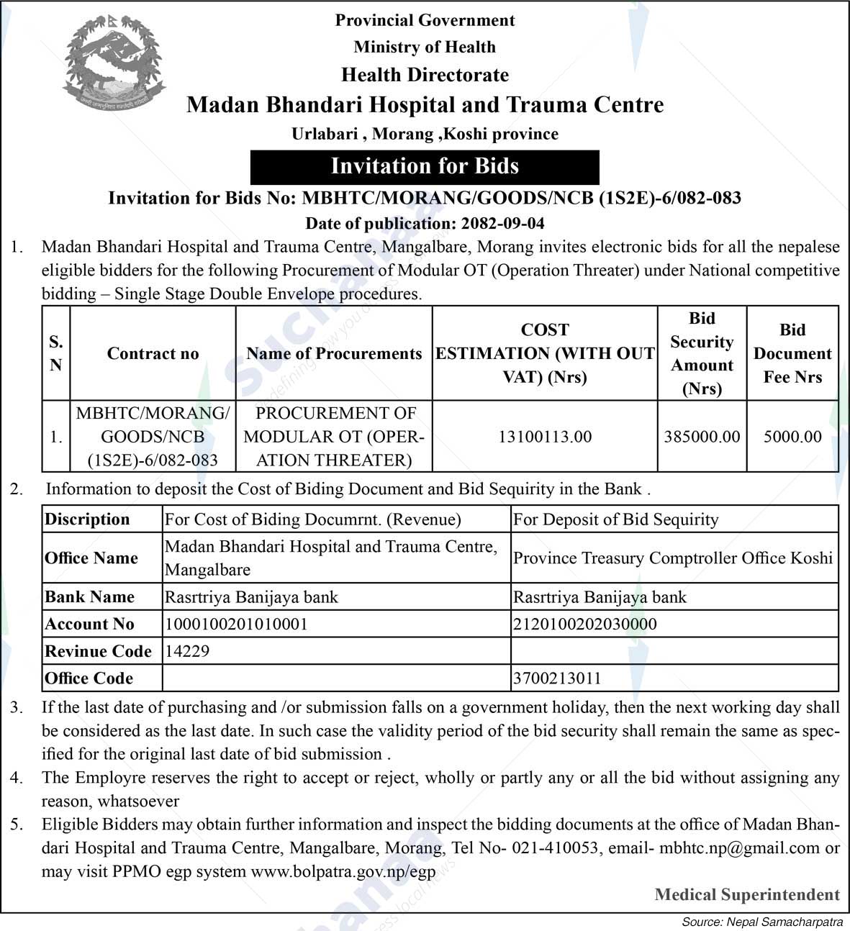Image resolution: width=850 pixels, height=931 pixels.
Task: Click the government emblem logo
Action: coord(114,67)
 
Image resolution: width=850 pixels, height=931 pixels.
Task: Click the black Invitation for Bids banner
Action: coord(425,167)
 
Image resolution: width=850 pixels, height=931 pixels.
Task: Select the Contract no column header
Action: coord(153,353)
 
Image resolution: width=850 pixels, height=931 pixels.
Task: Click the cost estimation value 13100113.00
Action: coord(545,437)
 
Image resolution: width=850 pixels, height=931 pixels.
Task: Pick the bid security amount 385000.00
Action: coord(702,437)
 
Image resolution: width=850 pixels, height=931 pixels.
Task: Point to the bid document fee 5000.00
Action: coord(792,437)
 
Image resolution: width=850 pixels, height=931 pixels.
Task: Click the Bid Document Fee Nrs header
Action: coord(792,353)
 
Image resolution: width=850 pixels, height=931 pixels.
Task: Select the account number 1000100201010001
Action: coord(236,624)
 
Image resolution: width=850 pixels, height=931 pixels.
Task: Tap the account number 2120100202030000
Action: coord(584,624)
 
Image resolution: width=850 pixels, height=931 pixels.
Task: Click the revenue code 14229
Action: coord(187,651)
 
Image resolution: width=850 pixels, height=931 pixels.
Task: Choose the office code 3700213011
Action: coord(557,678)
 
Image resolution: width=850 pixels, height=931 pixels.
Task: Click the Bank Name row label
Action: coord(90,597)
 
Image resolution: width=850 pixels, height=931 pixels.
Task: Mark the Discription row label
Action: coord(87,519)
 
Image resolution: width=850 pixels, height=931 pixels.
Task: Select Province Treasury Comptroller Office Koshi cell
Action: coord(673,558)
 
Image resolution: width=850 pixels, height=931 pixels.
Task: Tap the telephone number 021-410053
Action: coord(555,848)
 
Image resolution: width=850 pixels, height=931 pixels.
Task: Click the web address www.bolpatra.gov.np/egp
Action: coord(343,872)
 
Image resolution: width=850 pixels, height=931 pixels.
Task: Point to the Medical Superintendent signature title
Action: coord(747,895)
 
